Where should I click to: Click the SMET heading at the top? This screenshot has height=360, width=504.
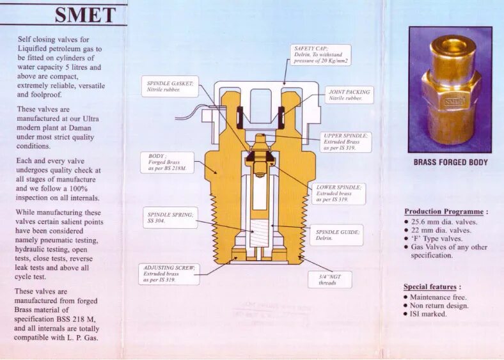85,14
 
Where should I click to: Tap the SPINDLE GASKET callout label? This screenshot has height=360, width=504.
169,86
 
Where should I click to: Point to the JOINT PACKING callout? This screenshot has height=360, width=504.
348,95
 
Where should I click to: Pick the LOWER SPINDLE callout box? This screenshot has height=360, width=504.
339,194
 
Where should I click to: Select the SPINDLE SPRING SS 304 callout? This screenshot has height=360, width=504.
169,217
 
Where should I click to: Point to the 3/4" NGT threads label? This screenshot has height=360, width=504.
327,279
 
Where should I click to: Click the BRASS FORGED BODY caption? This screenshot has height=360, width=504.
450,162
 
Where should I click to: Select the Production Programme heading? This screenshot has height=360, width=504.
446,212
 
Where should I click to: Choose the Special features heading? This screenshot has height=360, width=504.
432,287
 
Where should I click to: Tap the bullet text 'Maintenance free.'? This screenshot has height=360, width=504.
438,297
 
